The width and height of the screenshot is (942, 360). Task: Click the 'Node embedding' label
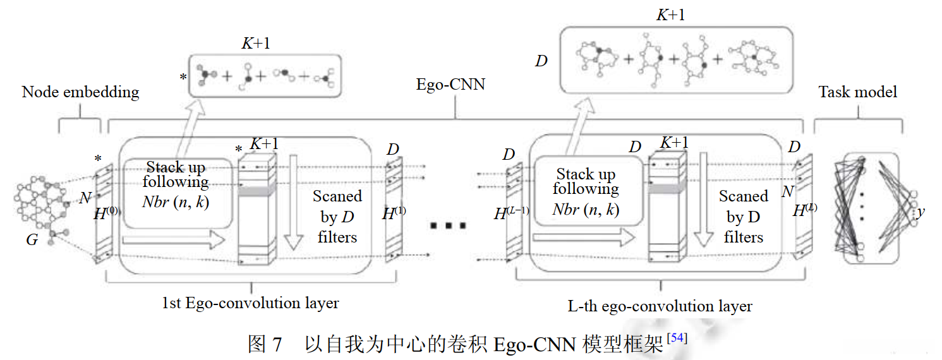(x=80, y=92)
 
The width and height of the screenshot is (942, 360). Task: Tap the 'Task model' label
(x=857, y=92)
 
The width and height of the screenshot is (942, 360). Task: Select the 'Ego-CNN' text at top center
(x=450, y=84)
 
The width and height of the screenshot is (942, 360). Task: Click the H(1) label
(x=394, y=213)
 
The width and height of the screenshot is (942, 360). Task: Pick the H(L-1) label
(x=511, y=214)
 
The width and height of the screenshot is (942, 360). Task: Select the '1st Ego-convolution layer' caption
(x=250, y=303)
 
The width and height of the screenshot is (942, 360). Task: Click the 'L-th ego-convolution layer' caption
(x=660, y=307)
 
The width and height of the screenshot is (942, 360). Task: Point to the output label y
(x=921, y=213)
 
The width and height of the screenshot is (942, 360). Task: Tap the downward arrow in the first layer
(x=293, y=202)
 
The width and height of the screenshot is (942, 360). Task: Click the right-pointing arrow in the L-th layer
(x=583, y=237)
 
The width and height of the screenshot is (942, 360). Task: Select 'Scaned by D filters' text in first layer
(x=337, y=217)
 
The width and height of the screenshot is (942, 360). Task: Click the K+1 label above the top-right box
(x=670, y=15)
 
